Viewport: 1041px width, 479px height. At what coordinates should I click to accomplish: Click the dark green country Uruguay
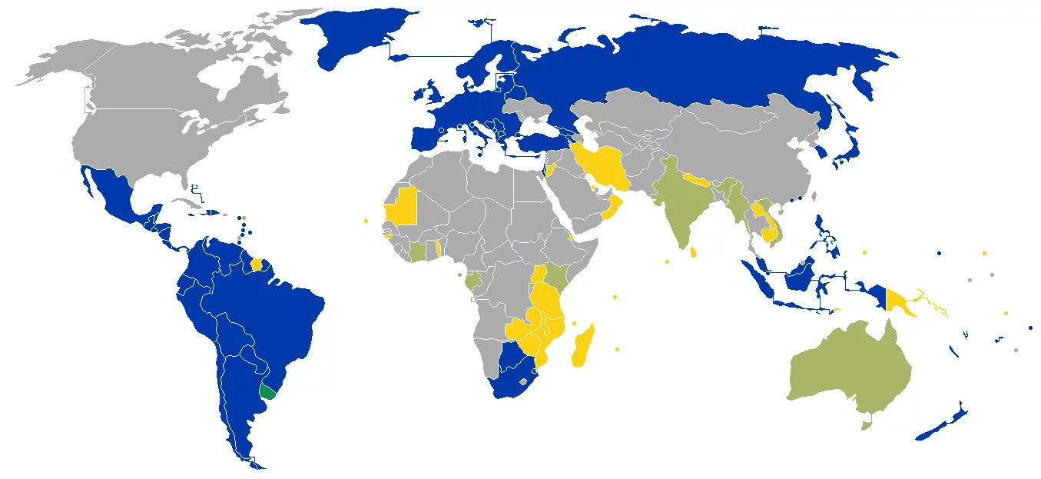[x=267, y=392]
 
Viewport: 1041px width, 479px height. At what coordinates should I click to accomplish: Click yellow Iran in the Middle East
[x=603, y=165]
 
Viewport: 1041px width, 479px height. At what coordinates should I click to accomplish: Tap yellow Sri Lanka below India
[x=695, y=251]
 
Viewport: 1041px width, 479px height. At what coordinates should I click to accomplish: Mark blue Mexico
[x=115, y=196]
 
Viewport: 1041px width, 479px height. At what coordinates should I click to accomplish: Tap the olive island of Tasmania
[x=867, y=424]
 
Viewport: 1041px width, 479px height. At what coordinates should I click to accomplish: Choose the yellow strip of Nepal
[x=698, y=181]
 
